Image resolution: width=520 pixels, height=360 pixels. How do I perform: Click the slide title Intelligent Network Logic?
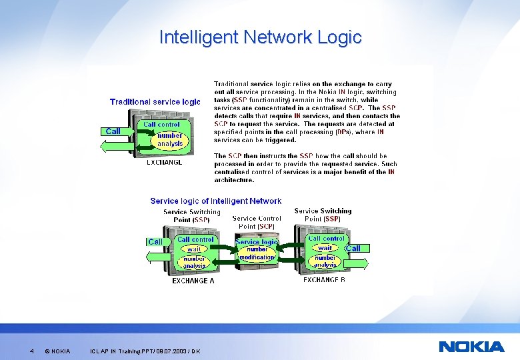260,37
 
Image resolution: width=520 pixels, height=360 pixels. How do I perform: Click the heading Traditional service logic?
155,102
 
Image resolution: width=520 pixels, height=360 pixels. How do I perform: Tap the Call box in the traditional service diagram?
113,131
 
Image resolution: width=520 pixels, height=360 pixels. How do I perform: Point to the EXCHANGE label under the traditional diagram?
164,162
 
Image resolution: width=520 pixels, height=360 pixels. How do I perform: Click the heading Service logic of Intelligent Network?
215,201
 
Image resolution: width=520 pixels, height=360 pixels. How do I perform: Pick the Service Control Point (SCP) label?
257,222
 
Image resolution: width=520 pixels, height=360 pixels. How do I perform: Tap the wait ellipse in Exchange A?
193,249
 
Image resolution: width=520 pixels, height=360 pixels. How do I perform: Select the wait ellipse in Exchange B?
325,248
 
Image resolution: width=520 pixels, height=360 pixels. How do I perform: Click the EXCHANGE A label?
193,281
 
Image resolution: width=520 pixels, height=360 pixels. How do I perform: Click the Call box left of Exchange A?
155,242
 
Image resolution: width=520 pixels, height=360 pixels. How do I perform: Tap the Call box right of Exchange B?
353,249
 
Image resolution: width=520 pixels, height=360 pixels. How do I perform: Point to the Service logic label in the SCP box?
257,242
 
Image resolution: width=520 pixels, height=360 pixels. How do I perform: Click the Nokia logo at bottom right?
471,347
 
